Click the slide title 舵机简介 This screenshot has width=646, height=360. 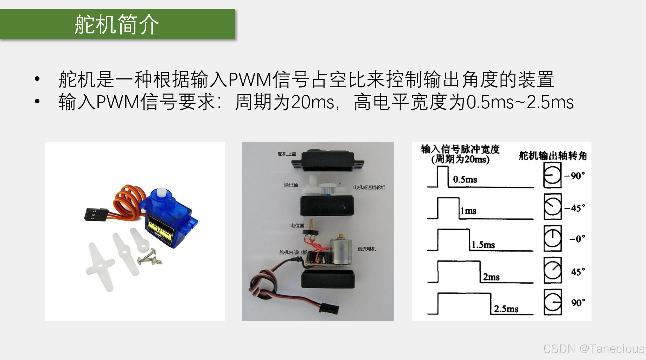point(116,25)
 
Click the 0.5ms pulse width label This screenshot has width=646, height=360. point(465,180)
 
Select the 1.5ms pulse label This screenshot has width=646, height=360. point(483,245)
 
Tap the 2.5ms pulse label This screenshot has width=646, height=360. point(506,309)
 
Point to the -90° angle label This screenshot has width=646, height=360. point(575,175)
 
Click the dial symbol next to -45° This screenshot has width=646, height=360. point(552,206)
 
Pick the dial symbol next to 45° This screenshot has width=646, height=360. point(552,270)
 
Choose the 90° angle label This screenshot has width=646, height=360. point(578,303)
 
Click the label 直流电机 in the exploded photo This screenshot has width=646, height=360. point(367,249)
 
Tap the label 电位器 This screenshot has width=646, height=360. point(297,226)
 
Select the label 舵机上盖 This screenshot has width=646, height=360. point(287,154)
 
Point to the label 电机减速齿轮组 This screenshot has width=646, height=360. point(369,187)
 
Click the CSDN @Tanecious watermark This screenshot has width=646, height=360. point(594,348)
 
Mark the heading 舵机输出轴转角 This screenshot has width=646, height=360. point(553,155)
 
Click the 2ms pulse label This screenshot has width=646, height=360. point(491,277)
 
